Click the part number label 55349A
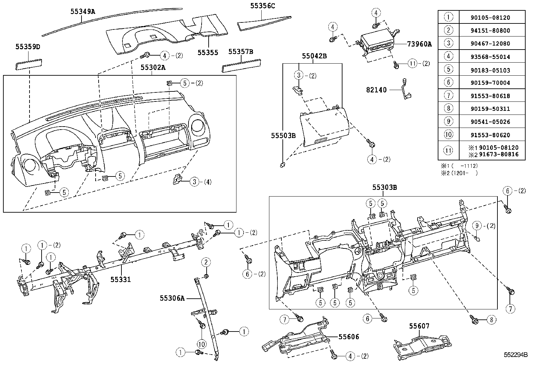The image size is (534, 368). pyautogui.click(x=83, y=11)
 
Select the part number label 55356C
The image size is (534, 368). pyautogui.click(x=263, y=6)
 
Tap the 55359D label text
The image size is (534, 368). pyautogui.click(x=28, y=47)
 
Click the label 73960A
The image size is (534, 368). pyautogui.click(x=419, y=44)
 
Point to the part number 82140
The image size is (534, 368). pyautogui.click(x=376, y=90)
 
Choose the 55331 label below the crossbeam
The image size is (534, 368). pyautogui.click(x=120, y=279)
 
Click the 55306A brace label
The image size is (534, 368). pyautogui.click(x=172, y=298)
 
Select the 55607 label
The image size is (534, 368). pyautogui.click(x=419, y=326)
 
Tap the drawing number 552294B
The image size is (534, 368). pyautogui.click(x=515, y=355)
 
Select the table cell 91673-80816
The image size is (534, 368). pyautogui.click(x=498, y=154)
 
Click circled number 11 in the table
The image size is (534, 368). pyautogui.click(x=448, y=151)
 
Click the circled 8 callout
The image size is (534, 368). pyautogui.click(x=491, y=320)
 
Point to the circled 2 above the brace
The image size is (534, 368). pyautogui.click(x=206, y=262)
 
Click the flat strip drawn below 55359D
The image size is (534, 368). pyautogui.click(x=29, y=64)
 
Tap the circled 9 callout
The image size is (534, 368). pyautogui.click(x=477, y=226)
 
